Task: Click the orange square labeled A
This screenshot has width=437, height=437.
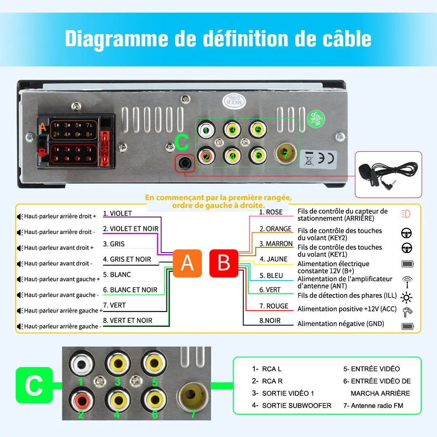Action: pyautogui.click(x=187, y=263)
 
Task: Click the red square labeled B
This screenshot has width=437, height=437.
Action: pyautogui.click(x=224, y=263)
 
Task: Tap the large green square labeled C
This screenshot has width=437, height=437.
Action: pyautogui.click(x=34, y=385)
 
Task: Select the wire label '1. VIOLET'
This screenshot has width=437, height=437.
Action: pyautogui.click(x=118, y=214)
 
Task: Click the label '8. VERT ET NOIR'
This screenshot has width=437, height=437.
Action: pyautogui.click(x=128, y=320)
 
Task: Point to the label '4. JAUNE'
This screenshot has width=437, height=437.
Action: pyautogui.click(x=274, y=259)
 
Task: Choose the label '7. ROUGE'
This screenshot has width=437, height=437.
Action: pyautogui.click(x=274, y=306)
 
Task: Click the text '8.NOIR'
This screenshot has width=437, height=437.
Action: pyautogui.click(x=270, y=321)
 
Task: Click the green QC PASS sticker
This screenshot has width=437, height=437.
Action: pyautogui.click(x=316, y=118)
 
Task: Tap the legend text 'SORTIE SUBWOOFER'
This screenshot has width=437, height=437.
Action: pyautogui.click(x=297, y=406)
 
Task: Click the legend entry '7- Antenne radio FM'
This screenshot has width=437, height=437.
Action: pyautogui.click(x=373, y=406)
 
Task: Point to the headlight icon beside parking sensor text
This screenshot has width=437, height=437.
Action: pyautogui.click(x=406, y=214)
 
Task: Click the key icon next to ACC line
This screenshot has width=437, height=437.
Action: pyautogui.click(x=407, y=312)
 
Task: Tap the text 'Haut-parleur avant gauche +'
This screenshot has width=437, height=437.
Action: pyautogui.click(x=59, y=279)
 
